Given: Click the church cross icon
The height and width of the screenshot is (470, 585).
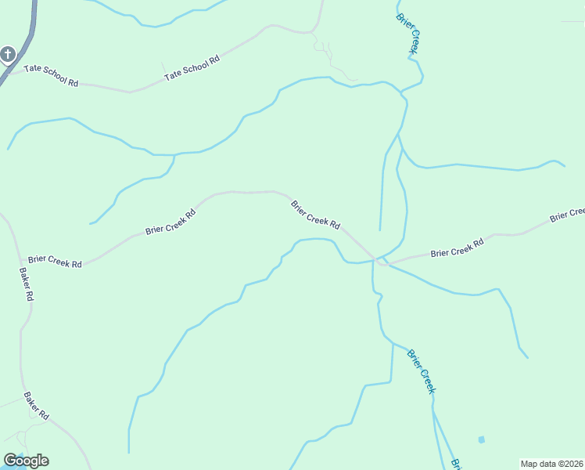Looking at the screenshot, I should (8, 54).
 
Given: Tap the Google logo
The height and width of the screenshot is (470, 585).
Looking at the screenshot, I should (26, 461).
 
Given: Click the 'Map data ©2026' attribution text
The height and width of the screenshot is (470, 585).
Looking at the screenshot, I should (551, 463).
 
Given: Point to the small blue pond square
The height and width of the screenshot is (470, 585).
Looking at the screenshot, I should (481, 439).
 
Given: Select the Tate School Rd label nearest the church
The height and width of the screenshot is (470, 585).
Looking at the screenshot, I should (52, 75).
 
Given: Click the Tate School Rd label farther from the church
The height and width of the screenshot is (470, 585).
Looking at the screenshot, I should (192, 68).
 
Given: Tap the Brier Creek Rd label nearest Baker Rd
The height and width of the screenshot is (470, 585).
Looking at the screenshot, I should (55, 261).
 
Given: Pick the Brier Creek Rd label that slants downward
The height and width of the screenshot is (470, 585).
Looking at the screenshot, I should (316, 215).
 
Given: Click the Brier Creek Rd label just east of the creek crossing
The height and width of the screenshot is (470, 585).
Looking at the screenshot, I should (457, 248).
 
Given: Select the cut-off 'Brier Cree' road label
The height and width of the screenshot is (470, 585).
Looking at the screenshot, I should (566, 214).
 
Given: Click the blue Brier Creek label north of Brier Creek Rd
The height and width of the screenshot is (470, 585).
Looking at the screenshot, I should (409, 34).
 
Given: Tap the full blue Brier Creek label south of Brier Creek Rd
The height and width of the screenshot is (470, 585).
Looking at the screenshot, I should (421, 371).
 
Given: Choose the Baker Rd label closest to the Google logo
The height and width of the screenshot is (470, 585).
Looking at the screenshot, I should (36, 407).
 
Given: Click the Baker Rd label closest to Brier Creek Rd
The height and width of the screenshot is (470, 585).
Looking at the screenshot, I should (26, 285).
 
